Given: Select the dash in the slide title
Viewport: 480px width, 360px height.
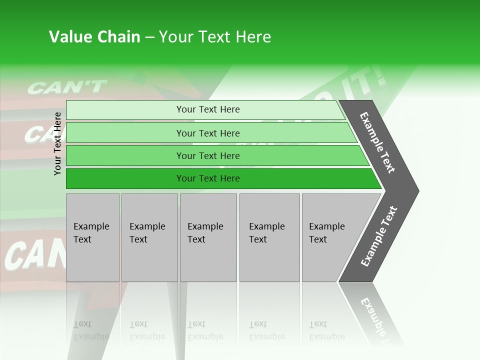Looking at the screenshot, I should click(x=149, y=37).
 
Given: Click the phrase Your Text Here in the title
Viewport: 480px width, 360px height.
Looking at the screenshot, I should click(x=215, y=37).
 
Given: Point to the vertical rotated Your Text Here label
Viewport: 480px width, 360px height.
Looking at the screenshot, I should click(x=57, y=143).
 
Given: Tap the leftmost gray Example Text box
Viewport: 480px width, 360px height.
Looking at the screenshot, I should click(x=92, y=237).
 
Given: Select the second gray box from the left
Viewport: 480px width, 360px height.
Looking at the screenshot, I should click(x=149, y=237).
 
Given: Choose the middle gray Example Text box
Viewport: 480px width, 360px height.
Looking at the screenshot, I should click(x=208, y=237).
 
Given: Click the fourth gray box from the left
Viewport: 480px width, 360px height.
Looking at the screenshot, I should click(x=269, y=237).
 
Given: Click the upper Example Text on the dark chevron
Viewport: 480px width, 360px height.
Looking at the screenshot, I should click(x=377, y=142).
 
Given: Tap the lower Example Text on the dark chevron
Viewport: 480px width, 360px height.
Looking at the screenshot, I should click(x=378, y=236).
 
